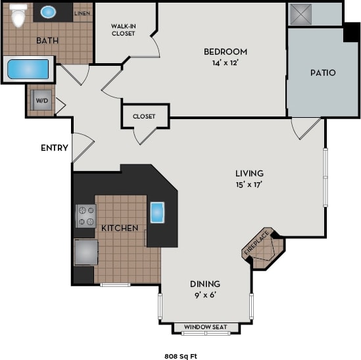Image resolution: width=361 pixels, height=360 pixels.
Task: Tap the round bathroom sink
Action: [49, 12]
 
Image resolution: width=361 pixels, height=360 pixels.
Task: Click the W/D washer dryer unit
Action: [41, 101]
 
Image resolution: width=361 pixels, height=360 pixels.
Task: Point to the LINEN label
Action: [82, 13]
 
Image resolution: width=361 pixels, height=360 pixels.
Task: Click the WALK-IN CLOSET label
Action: [123, 30]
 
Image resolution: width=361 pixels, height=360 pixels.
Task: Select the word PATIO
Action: [322, 72]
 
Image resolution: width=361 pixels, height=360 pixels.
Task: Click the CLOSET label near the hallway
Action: [144, 116]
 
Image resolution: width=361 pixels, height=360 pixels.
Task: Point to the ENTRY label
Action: [54, 147]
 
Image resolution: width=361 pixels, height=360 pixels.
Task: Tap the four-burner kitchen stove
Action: [85, 215]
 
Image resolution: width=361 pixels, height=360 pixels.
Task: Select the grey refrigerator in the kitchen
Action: [85, 251]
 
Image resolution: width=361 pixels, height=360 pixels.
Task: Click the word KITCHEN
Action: [119, 228]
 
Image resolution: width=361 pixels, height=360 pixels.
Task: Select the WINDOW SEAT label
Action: [205, 327]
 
